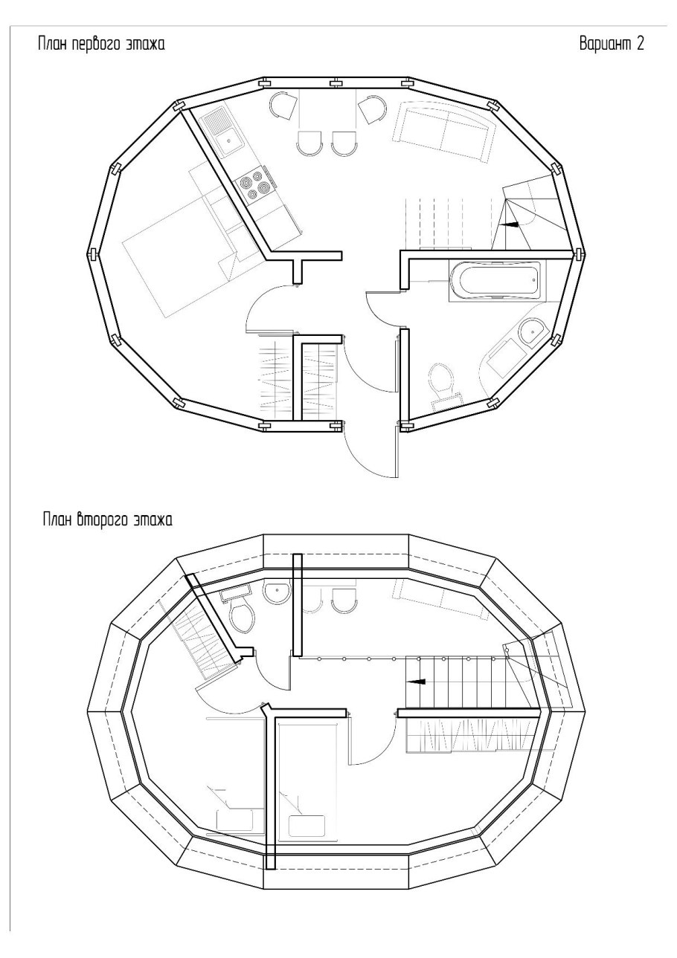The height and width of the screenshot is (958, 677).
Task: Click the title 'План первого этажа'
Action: click(101, 45)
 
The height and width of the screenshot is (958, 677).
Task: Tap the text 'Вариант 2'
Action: click(611, 44)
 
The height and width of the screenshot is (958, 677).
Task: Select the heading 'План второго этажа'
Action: click(107, 520)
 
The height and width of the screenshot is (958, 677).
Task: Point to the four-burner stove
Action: click(254, 186)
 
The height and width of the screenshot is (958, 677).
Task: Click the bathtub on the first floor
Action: click(495, 280)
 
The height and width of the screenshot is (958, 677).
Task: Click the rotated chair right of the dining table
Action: click(372, 109)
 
